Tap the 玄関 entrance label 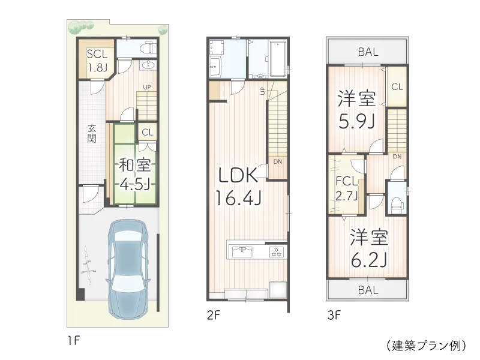92,133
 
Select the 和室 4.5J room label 134,173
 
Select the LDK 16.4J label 238,185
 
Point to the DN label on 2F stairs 277,161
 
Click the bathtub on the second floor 278,59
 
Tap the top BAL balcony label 368,52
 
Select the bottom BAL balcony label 368,290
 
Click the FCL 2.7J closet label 347,188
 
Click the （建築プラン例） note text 425,346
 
